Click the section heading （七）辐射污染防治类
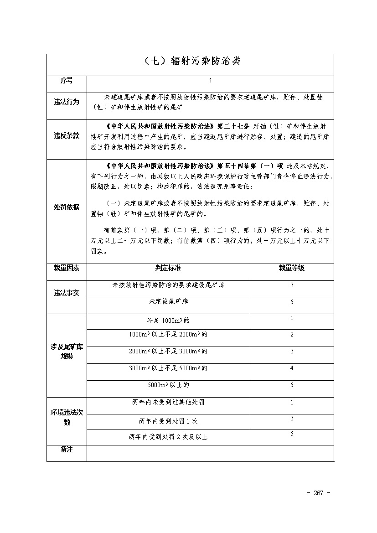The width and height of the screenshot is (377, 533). (190, 61)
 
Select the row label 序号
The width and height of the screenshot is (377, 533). (67, 81)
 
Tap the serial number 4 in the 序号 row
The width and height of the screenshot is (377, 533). (210, 81)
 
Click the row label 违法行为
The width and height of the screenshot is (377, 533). (67, 102)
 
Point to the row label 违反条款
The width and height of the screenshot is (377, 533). (67, 135)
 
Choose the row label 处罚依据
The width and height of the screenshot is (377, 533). (67, 207)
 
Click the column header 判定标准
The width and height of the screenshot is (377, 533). (168, 268)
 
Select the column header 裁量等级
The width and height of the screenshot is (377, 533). (292, 268)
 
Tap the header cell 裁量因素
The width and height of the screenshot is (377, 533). (67, 268)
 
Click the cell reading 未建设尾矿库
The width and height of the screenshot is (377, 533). (168, 302)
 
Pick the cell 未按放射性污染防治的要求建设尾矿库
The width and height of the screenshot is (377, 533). (168, 285)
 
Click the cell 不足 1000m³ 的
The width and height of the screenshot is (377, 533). (168, 320)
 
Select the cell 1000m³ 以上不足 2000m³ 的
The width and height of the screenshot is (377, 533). (168, 335)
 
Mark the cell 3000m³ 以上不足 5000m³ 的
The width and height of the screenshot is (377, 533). (168, 368)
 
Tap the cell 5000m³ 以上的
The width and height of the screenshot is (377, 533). (168, 385)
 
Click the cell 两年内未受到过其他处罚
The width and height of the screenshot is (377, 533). (168, 403)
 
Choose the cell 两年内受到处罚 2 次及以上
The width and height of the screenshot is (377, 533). (168, 437)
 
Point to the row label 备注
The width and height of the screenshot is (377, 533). (67, 450)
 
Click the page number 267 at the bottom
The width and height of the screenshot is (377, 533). (318, 493)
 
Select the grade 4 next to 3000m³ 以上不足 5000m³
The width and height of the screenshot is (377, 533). (292, 368)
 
